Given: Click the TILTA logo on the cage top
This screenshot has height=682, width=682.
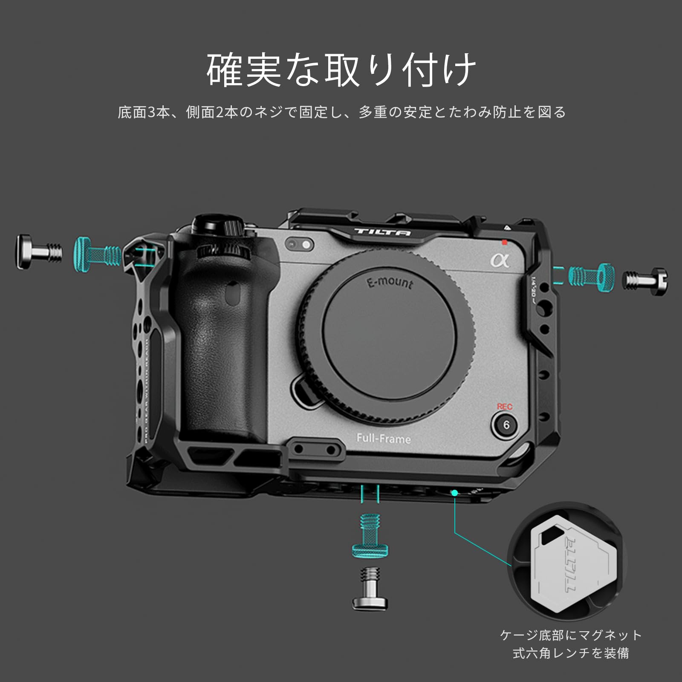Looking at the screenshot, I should pos(382,232).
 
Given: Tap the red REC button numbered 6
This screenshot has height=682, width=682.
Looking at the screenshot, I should pos(506,425).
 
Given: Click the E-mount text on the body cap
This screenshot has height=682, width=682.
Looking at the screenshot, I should pos(390,282).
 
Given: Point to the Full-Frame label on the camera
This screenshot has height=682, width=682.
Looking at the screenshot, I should pos(384,438).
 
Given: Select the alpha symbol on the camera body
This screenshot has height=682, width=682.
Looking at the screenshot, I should pos(500,260).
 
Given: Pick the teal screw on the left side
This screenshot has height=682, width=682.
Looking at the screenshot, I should pos(97,254).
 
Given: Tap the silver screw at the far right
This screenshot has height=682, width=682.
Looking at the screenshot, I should pos(646,281).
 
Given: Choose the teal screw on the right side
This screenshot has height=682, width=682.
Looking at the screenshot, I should pos(592,277).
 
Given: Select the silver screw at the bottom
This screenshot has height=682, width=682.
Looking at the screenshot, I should pos(370,588).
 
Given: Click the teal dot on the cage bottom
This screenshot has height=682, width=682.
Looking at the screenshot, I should pos(454,493).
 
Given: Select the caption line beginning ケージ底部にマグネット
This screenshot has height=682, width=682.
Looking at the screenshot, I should pos(571,635).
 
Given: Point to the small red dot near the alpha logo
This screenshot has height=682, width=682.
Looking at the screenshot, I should pos(505,243).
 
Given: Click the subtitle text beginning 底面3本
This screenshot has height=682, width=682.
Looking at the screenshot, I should pos(341,112).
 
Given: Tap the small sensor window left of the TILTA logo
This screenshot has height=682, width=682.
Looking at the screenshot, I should pos(300,244).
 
